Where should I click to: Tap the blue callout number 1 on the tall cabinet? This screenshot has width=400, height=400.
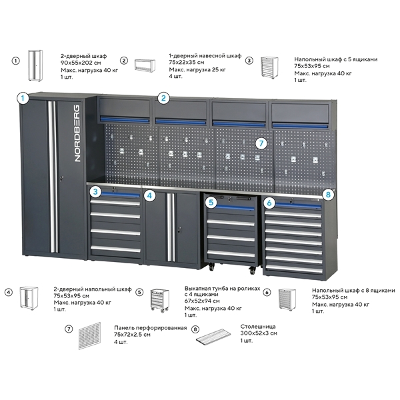coord(22,98)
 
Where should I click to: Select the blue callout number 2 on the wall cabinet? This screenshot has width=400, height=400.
coord(163,98)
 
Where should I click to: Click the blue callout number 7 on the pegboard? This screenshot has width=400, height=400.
coord(261,143)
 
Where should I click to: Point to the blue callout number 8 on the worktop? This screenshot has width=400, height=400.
coord(327,194)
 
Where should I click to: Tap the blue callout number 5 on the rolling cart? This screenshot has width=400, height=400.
coord(211,201)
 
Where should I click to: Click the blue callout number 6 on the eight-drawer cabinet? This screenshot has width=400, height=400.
coord(269,201)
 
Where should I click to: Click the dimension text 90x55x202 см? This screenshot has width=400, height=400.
coord(79,65)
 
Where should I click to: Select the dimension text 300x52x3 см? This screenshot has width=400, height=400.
coord(242,332)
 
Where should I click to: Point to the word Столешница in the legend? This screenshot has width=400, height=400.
coord(241,325)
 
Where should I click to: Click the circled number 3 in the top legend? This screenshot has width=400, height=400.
coord(249,60)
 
